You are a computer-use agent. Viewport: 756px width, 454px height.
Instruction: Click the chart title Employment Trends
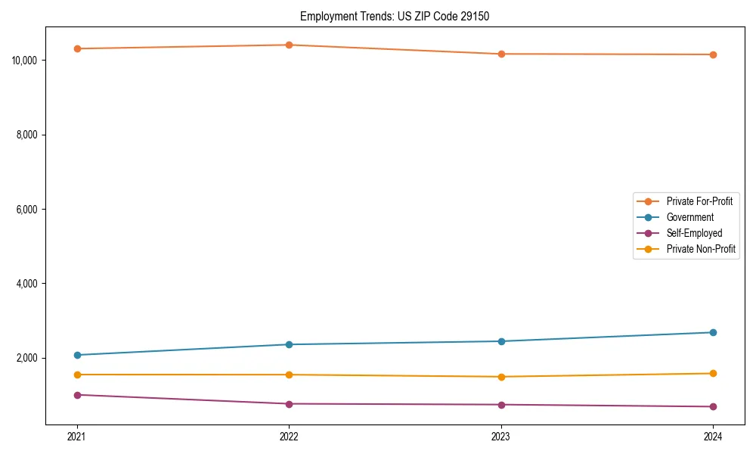(x=395, y=16)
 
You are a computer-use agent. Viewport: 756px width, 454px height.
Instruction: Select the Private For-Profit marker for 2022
(x=289, y=45)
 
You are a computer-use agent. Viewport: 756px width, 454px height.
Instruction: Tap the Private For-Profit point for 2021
(x=77, y=48)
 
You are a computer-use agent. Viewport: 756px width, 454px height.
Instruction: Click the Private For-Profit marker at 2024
(x=713, y=54)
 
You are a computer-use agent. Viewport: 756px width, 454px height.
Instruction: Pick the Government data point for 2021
(x=77, y=355)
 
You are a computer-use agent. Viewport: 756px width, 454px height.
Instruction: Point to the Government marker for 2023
(x=501, y=341)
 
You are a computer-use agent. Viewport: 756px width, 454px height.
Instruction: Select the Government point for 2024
(x=713, y=332)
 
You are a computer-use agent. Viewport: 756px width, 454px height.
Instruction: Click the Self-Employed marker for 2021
(x=77, y=395)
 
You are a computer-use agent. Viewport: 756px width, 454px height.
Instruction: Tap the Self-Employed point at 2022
(x=289, y=404)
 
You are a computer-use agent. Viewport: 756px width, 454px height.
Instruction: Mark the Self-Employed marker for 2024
(x=713, y=407)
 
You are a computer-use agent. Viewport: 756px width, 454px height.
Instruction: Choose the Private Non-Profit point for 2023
(x=501, y=377)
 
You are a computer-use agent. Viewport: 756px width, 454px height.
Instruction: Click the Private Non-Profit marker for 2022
(x=289, y=375)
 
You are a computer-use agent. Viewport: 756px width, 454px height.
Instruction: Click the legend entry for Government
(x=689, y=217)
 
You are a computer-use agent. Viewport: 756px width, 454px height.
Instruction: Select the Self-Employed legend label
(x=694, y=233)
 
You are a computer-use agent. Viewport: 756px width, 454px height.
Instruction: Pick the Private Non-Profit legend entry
(x=701, y=249)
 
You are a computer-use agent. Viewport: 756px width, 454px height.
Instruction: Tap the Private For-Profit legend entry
(x=699, y=201)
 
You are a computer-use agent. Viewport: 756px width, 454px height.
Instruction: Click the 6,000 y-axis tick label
(x=27, y=210)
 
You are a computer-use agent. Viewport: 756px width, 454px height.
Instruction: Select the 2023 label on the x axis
(x=501, y=437)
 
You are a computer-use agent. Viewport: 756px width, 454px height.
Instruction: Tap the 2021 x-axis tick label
(x=77, y=437)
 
